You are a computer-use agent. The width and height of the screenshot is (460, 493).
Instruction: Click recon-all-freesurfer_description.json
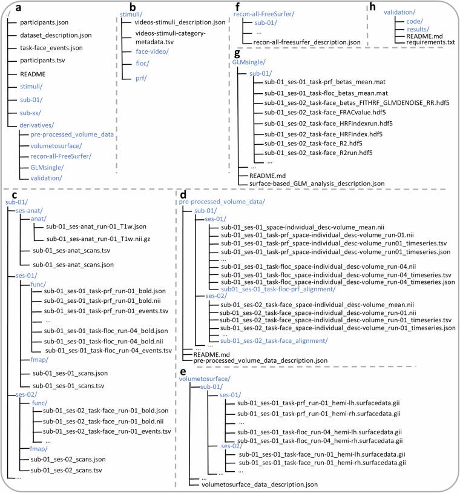point(307,43)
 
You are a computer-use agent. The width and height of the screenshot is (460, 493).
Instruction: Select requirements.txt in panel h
point(430,42)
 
